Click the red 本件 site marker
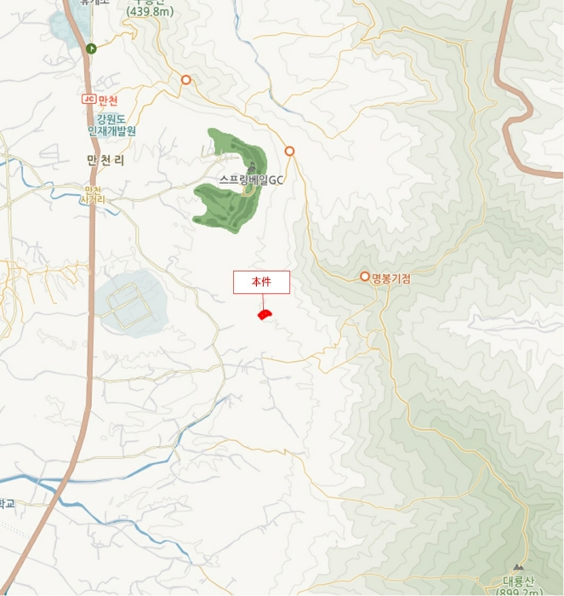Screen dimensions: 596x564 point(265,315)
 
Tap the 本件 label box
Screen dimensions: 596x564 point(262,282)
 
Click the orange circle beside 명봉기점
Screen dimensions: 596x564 point(365,276)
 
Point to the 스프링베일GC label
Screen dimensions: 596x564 point(251,180)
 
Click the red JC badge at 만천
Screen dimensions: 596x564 point(87,100)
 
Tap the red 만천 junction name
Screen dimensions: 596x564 point(106,100)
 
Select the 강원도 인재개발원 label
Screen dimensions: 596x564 point(111,125)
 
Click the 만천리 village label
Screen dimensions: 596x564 point(105,159)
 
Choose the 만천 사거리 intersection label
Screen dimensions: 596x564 point(92,194)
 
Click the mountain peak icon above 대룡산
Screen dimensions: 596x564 point(518,568)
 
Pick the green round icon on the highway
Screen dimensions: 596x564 point(90,49)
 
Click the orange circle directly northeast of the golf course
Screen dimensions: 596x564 point(290,151)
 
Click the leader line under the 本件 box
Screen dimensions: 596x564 point(263,301)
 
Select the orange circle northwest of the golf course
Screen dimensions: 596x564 point(185,80)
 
